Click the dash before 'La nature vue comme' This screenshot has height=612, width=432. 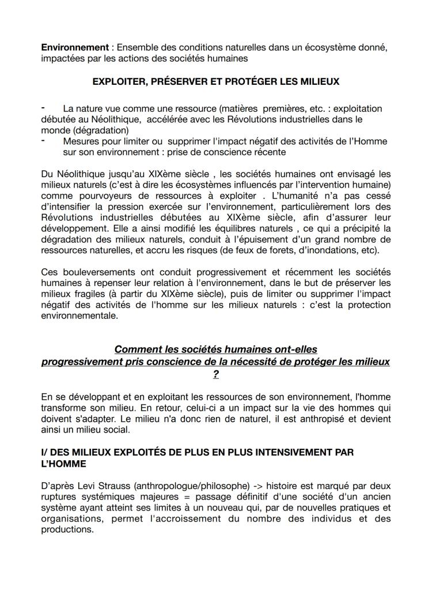pos(44,108)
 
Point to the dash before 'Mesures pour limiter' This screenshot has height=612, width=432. pos(44,141)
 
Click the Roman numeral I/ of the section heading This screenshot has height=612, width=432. pos(46,453)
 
